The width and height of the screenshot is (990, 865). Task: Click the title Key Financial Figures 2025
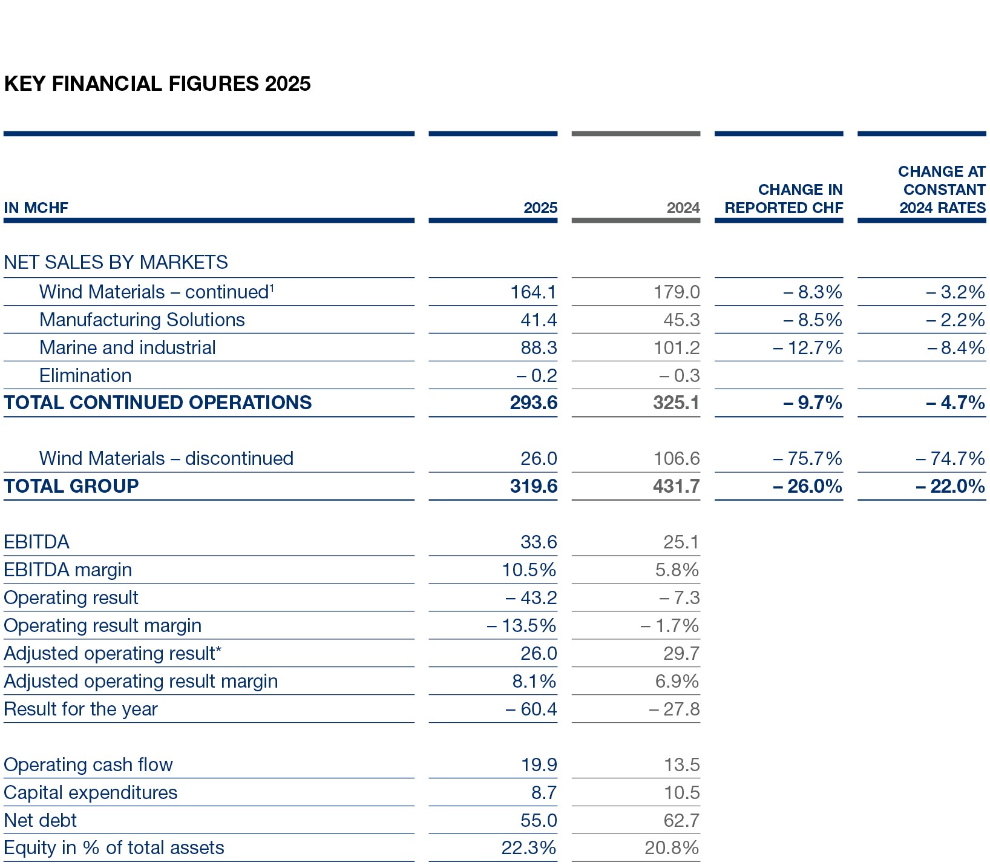click(157, 84)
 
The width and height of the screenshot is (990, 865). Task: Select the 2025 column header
click(540, 208)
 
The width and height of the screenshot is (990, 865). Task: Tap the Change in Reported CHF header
click(783, 199)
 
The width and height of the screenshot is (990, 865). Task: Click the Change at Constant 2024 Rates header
click(942, 189)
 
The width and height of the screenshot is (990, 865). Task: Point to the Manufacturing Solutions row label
click(142, 320)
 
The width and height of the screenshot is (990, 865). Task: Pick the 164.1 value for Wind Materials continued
click(533, 292)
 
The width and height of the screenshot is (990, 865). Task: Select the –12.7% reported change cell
click(807, 348)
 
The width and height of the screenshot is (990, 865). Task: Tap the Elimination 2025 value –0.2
click(536, 376)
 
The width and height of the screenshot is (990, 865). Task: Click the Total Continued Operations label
click(157, 403)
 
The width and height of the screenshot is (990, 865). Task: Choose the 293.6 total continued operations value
click(533, 403)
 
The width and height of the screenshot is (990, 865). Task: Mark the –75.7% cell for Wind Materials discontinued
click(807, 459)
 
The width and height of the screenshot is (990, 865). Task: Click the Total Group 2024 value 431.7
click(676, 486)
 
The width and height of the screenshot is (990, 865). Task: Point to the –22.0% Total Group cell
click(950, 486)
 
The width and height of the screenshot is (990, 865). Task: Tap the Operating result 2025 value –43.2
click(531, 598)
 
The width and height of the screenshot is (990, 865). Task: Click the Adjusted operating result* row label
click(113, 654)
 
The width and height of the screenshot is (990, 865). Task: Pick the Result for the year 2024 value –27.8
click(674, 709)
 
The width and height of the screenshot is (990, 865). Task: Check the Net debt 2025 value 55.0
click(538, 821)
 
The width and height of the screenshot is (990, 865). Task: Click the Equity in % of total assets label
click(114, 848)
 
